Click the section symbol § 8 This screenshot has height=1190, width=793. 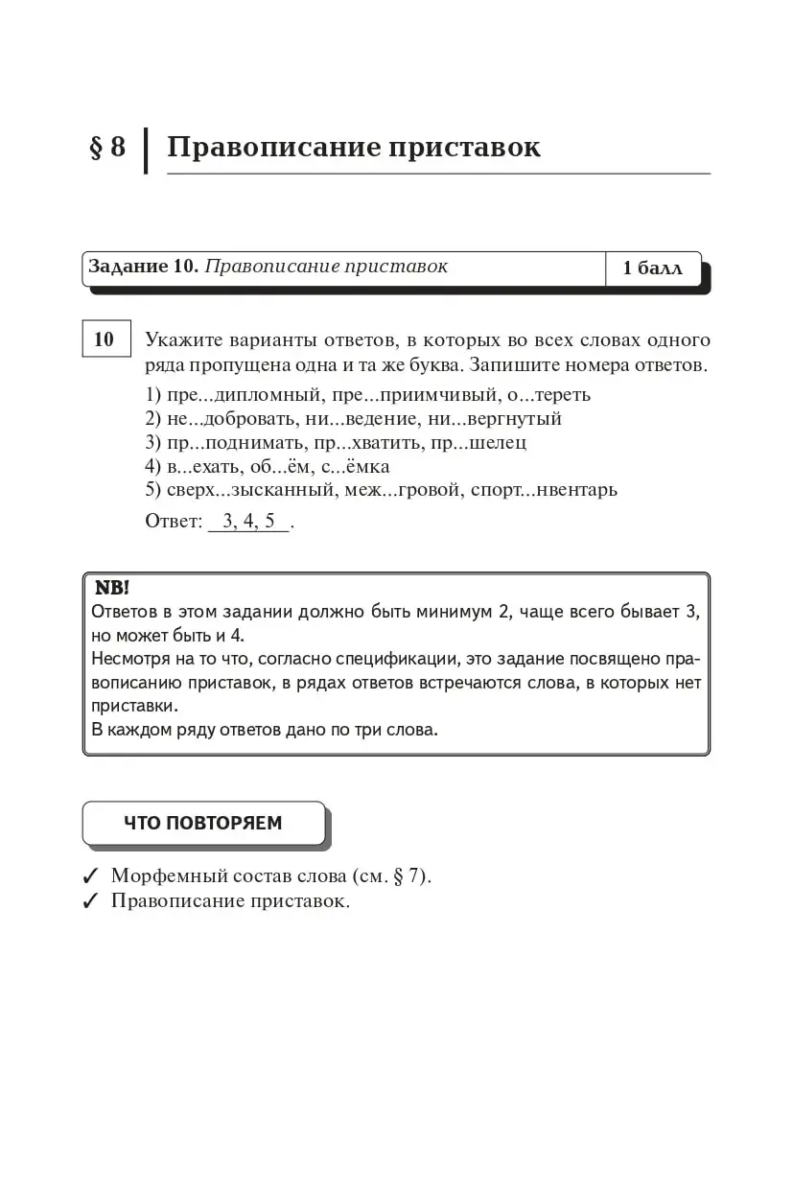pyautogui.click(x=107, y=148)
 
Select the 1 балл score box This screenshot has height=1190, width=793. pyautogui.click(x=652, y=268)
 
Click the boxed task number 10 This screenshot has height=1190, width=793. pyautogui.click(x=105, y=338)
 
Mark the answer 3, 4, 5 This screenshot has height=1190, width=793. pyautogui.click(x=248, y=522)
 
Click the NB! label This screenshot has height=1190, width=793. pyautogui.click(x=112, y=588)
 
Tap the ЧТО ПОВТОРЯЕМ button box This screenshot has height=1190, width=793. pyautogui.click(x=203, y=823)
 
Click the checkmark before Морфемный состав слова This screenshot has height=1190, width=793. pyautogui.click(x=92, y=876)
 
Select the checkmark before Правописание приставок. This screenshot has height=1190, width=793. pyautogui.click(x=92, y=901)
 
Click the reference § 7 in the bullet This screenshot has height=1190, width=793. pyautogui.click(x=408, y=876)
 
